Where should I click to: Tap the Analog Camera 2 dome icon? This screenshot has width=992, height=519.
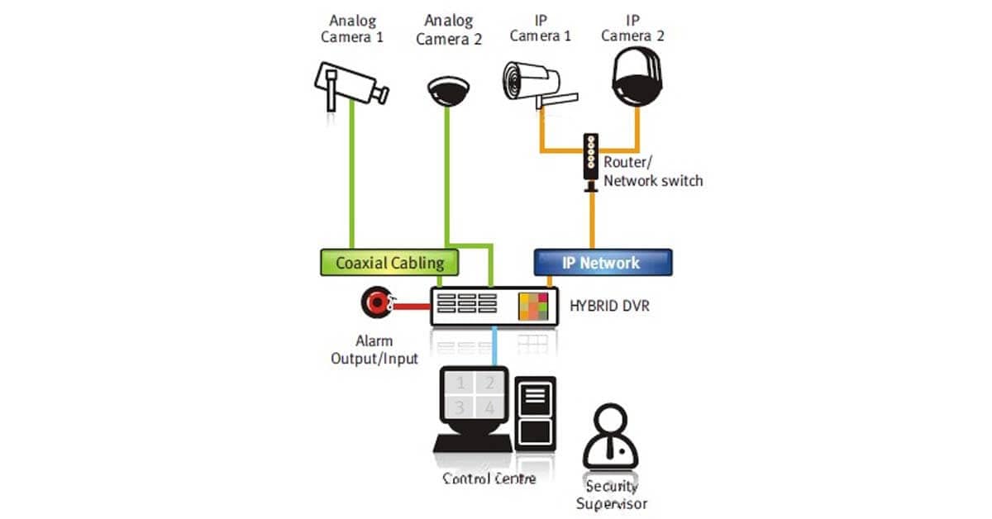click(447, 90)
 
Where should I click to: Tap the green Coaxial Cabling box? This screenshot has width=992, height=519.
click(389, 263)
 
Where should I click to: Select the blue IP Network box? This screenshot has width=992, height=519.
click(601, 263)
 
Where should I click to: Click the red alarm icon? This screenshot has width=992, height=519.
click(376, 303)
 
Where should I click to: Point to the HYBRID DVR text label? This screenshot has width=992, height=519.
click(609, 307)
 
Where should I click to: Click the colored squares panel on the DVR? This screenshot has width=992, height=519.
click(533, 307)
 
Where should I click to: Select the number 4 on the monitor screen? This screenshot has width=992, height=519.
click(489, 407)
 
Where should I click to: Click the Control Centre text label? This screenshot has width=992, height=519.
click(489, 479)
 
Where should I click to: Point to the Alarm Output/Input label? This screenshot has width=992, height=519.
click(374, 350)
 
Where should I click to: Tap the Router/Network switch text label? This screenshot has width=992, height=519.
click(653, 171)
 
